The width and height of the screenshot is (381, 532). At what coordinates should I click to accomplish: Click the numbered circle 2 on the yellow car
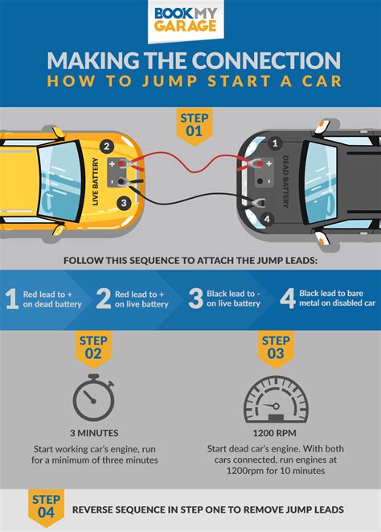point(105,146)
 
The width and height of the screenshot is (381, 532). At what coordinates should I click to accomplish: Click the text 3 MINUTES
point(95,431)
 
